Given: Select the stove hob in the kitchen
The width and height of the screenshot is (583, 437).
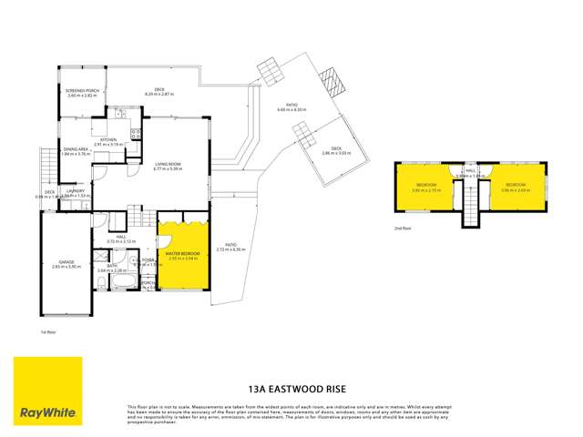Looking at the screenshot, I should (135, 134).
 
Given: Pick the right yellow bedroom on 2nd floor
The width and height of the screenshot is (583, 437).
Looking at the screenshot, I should (516, 187).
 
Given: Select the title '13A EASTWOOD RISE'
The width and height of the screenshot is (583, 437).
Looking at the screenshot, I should (291, 385).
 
